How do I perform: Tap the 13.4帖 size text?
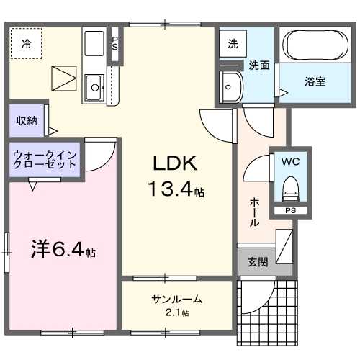point(176,191)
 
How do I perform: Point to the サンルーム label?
point(176,300)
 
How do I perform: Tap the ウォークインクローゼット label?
point(45,159)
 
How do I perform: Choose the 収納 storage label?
point(27,121)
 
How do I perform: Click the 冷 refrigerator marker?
point(26,44)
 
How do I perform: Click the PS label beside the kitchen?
point(114,44)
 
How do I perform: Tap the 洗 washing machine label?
point(232,43)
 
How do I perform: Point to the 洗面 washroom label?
point(259,66)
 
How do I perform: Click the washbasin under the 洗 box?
point(232,87)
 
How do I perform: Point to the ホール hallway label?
point(253,213)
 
